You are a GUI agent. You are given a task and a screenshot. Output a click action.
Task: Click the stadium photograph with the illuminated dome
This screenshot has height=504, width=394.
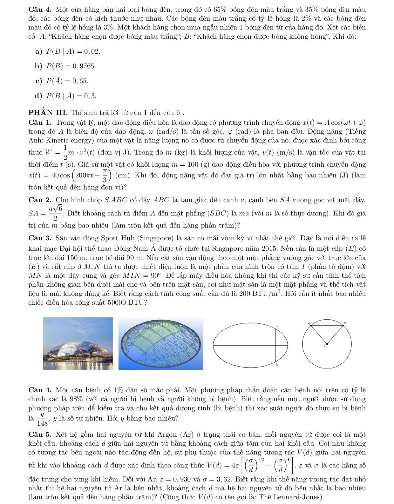point(78,343)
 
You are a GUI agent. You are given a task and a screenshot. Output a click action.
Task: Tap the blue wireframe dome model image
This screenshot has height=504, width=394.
point(161,343)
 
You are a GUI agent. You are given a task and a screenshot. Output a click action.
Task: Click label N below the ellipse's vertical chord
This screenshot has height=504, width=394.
point(277,365)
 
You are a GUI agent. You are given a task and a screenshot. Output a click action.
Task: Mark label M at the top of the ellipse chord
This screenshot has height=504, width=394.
point(277,326)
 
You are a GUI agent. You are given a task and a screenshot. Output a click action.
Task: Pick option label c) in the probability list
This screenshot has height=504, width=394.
point(39,81)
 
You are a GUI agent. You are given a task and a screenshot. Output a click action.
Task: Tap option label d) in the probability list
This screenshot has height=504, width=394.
point(39,96)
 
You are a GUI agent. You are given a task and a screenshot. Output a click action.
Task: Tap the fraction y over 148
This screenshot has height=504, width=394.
point(42,419)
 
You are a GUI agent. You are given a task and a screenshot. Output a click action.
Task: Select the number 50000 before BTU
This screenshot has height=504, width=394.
point(117,302)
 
